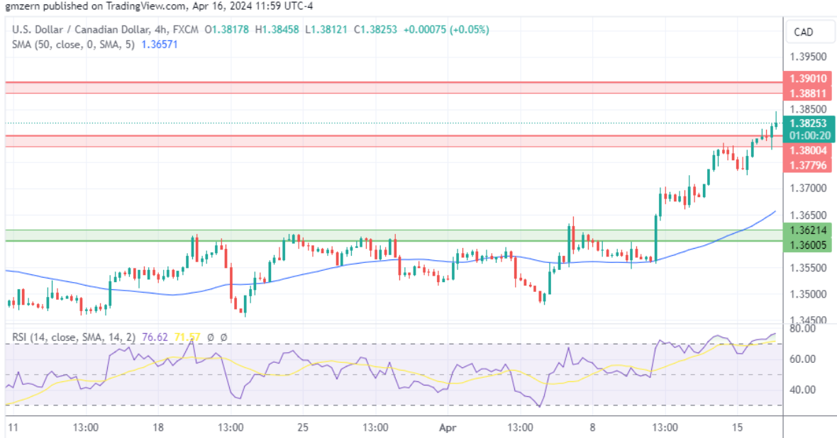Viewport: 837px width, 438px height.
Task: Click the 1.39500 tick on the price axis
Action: [x=807, y=57]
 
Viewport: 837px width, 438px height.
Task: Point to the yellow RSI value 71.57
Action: [x=187, y=337]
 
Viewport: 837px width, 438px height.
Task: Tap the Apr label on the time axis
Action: [x=447, y=427]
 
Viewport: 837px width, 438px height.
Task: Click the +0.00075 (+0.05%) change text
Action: [x=446, y=30]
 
